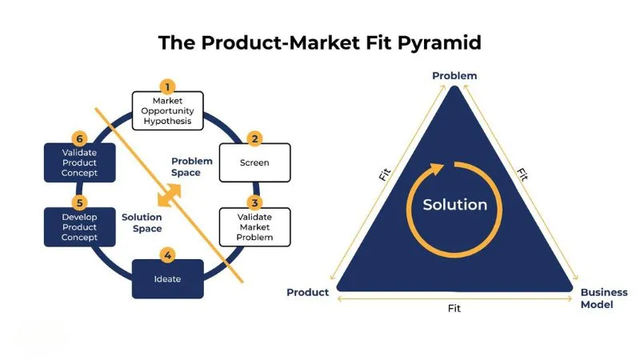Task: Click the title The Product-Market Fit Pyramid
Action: pyautogui.click(x=319, y=42)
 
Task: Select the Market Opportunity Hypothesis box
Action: pyautogui.click(x=167, y=110)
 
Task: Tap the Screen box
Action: pyautogui.click(x=254, y=162)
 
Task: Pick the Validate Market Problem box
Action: pyautogui.click(x=254, y=226)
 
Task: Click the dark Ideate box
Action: pyautogui.click(x=167, y=279)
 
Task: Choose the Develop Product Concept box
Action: pyautogui.click(x=79, y=226)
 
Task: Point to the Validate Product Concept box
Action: pyautogui.click(x=79, y=162)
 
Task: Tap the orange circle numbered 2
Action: pyautogui.click(x=254, y=138)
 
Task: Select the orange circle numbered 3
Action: pyautogui.click(x=254, y=202)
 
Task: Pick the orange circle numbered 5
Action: pyautogui.click(x=79, y=202)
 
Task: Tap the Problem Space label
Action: pyautogui.click(x=191, y=166)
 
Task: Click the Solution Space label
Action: pyautogui.click(x=142, y=222)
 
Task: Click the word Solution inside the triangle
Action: pyautogui.click(x=454, y=205)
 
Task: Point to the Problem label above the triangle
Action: pyautogui.click(x=454, y=76)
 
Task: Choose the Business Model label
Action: pyautogui.click(x=604, y=298)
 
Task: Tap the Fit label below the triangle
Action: pyautogui.click(x=454, y=308)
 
